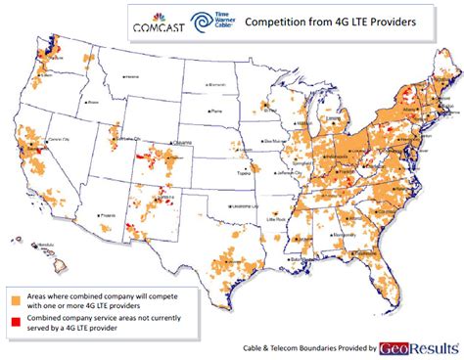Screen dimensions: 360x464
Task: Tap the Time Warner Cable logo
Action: pyautogui.click(x=209, y=21)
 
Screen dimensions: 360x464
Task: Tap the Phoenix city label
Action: pyautogui.click(x=108, y=214)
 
